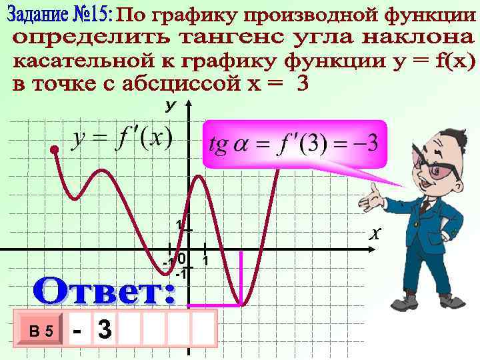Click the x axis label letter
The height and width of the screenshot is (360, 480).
click(375, 233)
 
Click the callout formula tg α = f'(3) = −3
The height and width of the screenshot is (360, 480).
click(293, 143)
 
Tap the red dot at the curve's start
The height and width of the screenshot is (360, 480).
click(55, 151)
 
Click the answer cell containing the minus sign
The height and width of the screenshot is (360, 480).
click(79, 329)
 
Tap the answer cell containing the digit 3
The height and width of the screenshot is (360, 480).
click(105, 329)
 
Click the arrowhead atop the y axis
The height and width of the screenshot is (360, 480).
click(189, 106)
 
